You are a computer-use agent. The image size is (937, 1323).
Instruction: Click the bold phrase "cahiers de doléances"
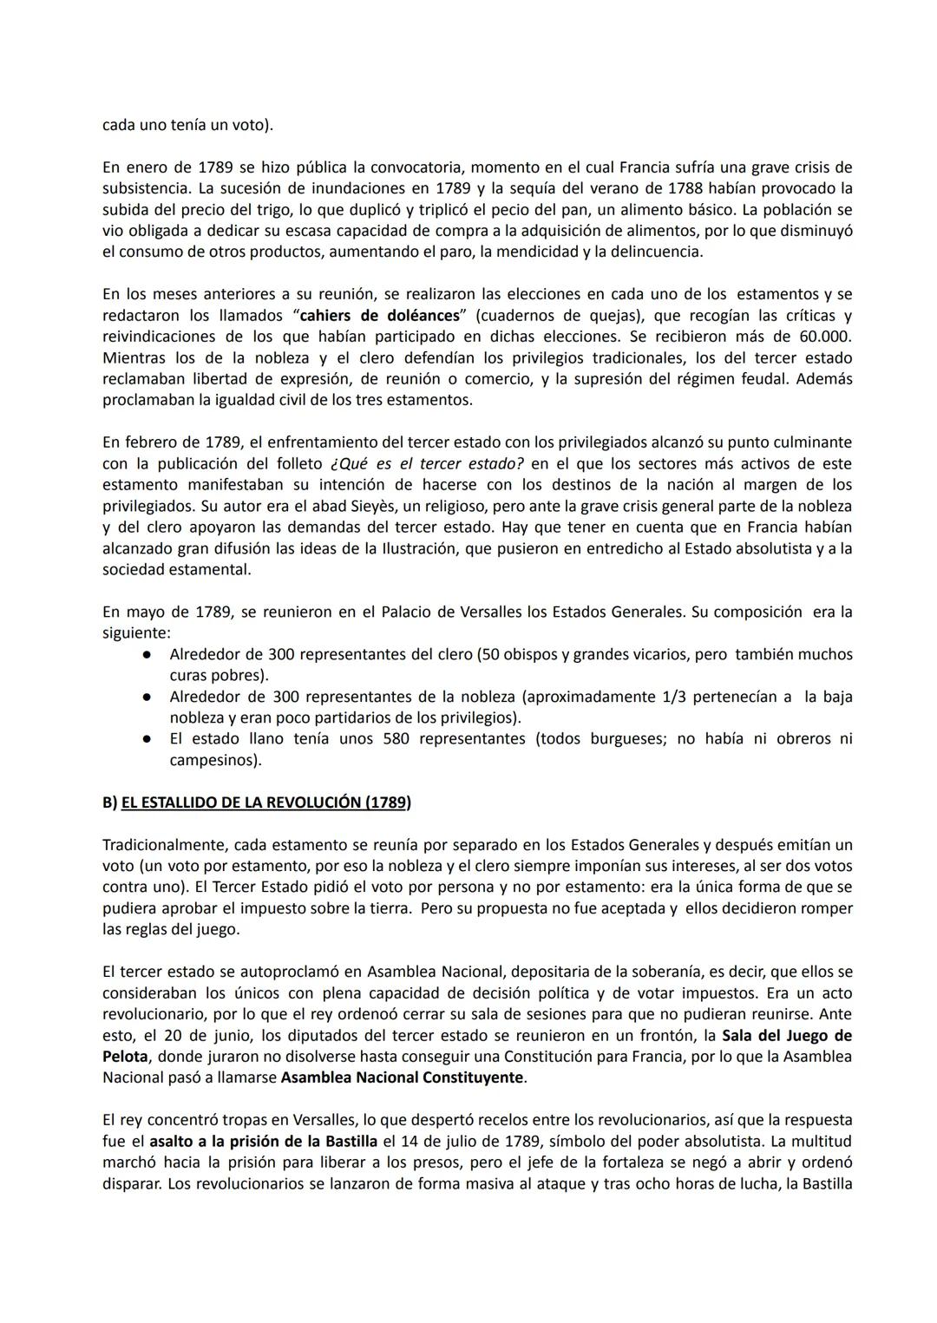coord(379,316)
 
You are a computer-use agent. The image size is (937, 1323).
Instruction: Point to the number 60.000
coord(822,337)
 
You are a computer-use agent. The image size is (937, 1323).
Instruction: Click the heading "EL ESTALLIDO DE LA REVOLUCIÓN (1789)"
coord(265,802)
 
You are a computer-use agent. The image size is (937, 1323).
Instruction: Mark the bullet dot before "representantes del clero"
coord(148,655)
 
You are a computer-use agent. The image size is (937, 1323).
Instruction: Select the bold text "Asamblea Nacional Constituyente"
coord(403,1077)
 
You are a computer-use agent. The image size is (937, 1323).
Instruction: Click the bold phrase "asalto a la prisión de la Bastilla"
coord(264,1141)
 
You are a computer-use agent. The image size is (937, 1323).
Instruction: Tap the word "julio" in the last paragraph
coord(468,1141)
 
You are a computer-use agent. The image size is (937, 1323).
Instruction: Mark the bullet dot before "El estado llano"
coord(148,739)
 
